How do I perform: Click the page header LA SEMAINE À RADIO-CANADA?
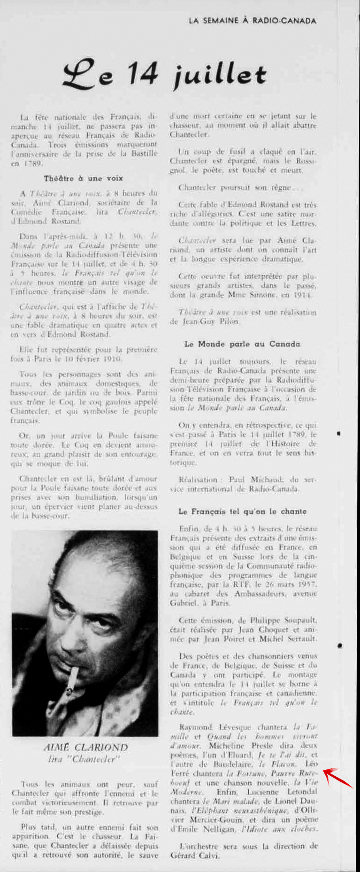click(252, 21)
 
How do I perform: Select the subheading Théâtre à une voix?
click(83, 178)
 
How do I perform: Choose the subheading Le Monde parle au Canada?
click(242, 344)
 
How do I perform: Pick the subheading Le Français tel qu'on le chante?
click(242, 512)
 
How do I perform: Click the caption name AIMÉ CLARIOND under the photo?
click(85, 747)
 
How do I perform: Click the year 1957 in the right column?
click(307, 584)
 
